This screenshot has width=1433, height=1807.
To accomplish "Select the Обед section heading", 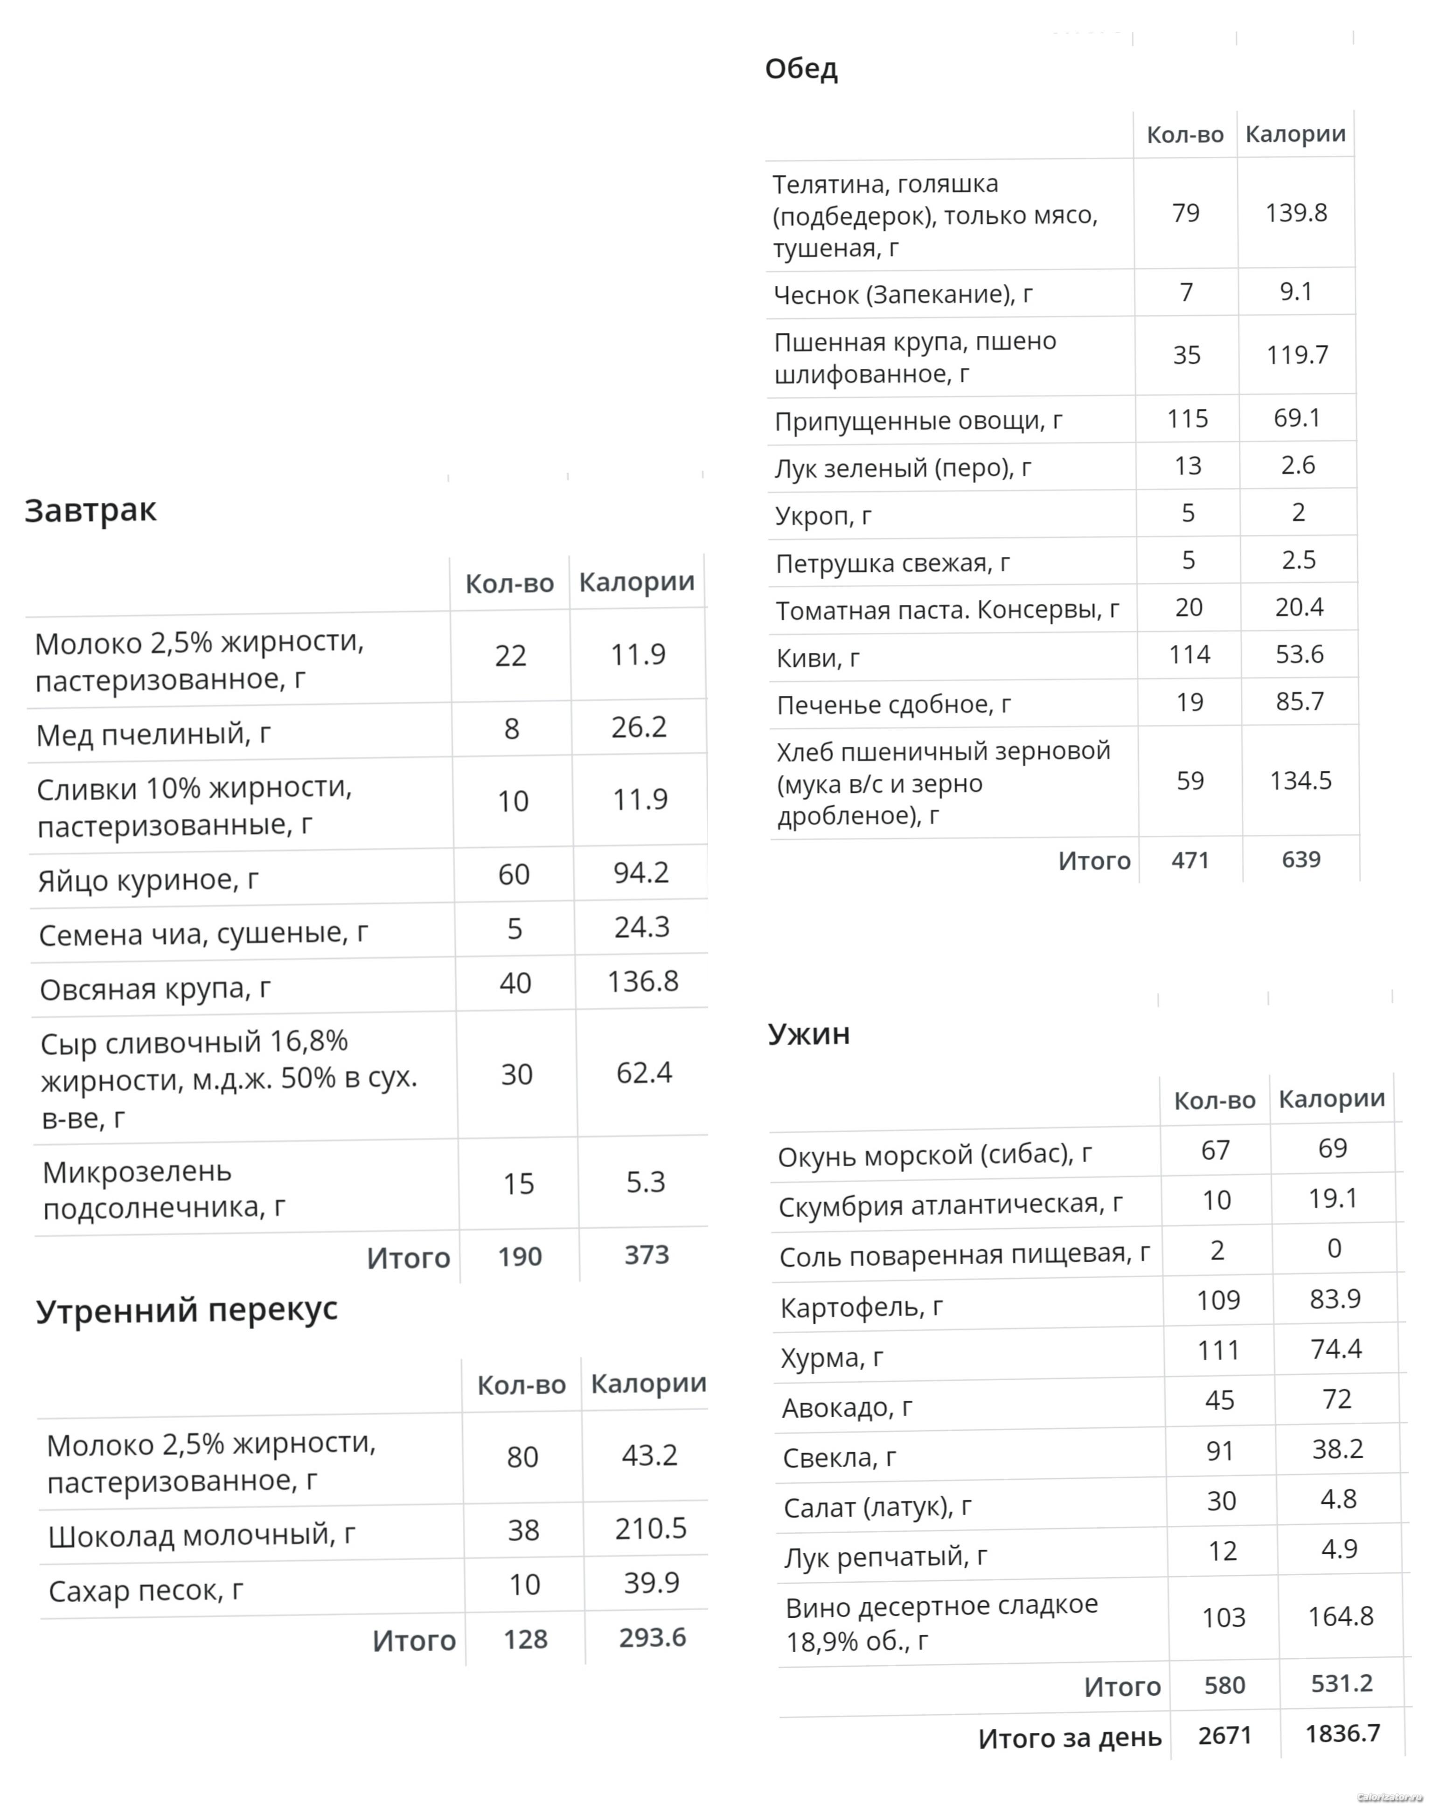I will point(801,69).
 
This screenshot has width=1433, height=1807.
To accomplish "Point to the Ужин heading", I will point(808,1033).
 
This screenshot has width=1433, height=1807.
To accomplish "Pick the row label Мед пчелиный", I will point(153,734).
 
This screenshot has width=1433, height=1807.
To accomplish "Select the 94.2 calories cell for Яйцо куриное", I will point(640,872).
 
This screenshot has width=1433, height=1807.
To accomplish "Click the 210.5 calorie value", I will point(651,1529).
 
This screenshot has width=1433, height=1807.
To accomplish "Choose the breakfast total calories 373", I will point(647,1255).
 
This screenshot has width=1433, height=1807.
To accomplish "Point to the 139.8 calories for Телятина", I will point(1295,213).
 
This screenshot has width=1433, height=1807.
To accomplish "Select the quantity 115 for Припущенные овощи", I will point(1187,418).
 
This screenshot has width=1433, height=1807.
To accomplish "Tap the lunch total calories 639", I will point(1301,859).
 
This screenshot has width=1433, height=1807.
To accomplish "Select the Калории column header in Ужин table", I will point(1331,1098).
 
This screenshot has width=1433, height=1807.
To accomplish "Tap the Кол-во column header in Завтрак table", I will point(509,583).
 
